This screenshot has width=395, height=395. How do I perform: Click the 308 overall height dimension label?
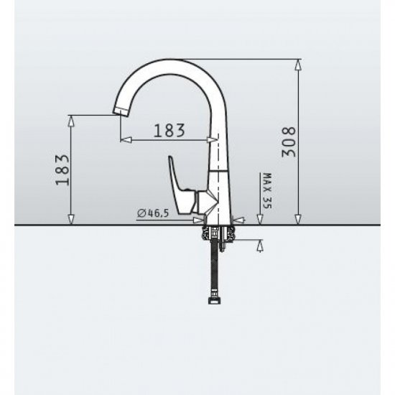pos(289,142)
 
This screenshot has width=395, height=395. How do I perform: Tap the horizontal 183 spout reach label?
pos(169,131)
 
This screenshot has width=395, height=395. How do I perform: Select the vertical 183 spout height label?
pos(62,170)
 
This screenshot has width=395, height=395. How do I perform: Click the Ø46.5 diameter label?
pos(153,213)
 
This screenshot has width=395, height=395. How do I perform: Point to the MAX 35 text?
pos(266,191)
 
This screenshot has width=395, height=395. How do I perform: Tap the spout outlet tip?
pos(121,111)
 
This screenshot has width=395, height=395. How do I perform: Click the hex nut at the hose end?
pos(213,300)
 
